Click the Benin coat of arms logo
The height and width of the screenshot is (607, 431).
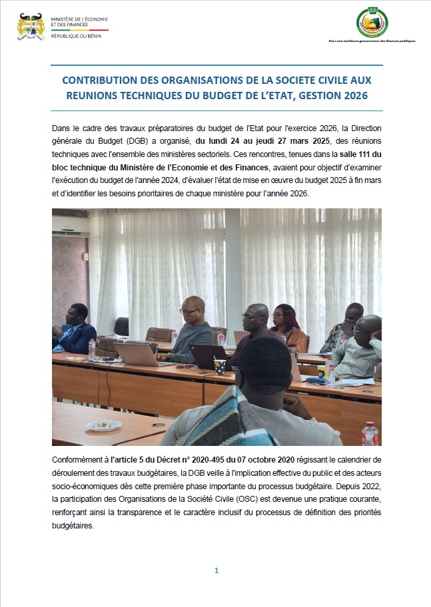(x=31, y=27)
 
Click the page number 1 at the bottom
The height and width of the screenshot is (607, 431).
(x=216, y=570)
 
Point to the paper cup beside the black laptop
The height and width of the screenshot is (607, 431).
(x=219, y=365)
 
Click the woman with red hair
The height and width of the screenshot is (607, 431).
(x=286, y=326)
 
